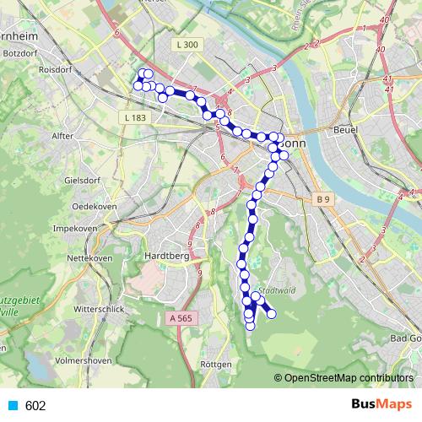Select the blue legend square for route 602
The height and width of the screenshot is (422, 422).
point(12,405)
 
